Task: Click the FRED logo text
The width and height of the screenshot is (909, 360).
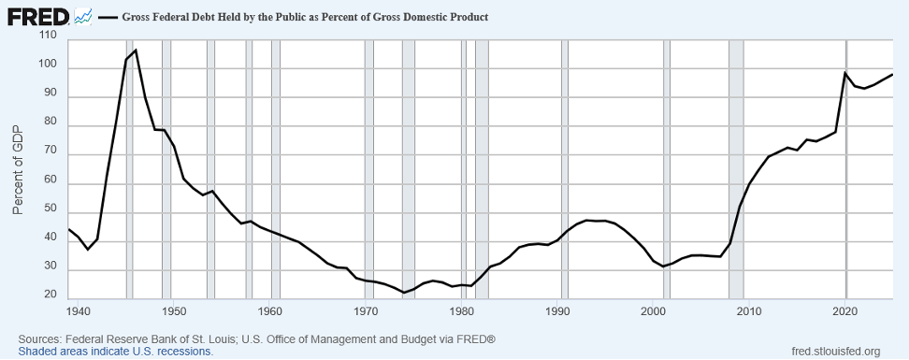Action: [x=38, y=17]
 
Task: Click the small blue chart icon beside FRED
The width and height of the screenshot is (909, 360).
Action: [x=83, y=17]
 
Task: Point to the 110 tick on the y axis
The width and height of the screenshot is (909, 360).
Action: [x=50, y=36]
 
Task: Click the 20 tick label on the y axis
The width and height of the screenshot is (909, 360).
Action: [x=51, y=295]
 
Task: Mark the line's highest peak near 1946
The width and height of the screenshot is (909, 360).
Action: [x=136, y=50]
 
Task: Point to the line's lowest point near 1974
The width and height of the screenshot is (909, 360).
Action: [x=404, y=293]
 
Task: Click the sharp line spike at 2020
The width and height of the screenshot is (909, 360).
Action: [x=845, y=72]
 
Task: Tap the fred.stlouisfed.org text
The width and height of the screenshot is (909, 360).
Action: [x=835, y=352]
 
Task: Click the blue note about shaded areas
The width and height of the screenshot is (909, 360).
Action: [x=115, y=352]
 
